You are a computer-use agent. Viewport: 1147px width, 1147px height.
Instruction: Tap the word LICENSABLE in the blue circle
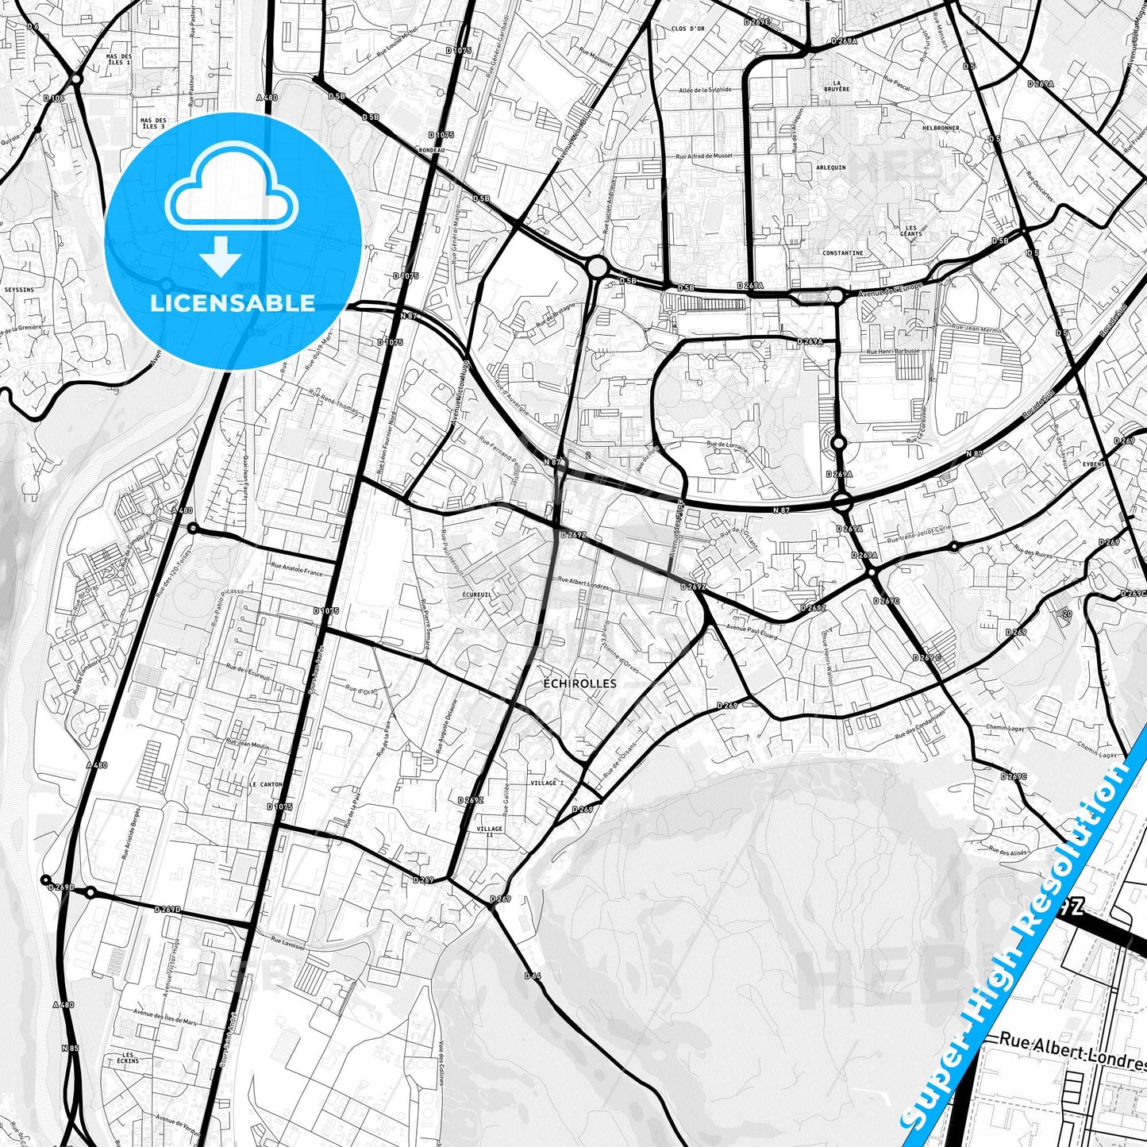pyautogui.click(x=233, y=302)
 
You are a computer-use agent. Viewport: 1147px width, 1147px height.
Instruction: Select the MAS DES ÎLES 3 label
pyautogui.click(x=152, y=123)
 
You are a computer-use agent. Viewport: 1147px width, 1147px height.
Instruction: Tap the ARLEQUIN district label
pyautogui.click(x=831, y=167)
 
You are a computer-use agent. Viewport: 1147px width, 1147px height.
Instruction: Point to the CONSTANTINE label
pyautogui.click(x=843, y=253)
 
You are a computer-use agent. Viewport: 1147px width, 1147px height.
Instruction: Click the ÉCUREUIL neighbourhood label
pyautogui.click(x=477, y=592)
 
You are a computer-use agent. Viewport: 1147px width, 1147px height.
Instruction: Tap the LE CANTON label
pyautogui.click(x=265, y=784)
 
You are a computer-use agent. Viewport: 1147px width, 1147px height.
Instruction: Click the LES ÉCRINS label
pyautogui.click(x=127, y=1058)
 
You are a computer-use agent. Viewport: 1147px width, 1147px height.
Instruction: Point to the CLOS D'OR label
pyautogui.click(x=687, y=29)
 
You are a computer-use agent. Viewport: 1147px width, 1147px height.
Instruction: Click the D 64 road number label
pyautogui.click(x=532, y=976)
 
